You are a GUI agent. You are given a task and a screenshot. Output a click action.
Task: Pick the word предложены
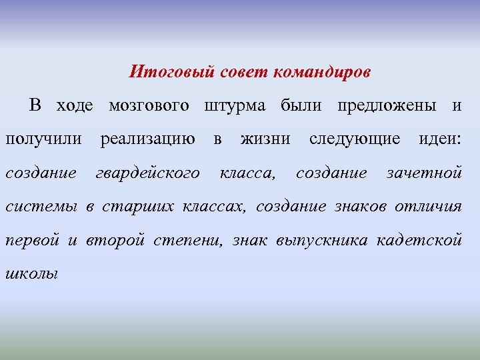coord(387,105)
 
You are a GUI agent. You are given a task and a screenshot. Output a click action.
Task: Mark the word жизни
coord(265,139)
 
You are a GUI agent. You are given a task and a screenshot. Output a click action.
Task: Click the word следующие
coord(355,139)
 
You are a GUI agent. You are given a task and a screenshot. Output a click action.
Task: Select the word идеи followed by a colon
coord(439,139)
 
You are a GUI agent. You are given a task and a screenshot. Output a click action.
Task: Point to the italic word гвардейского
coord(147,173)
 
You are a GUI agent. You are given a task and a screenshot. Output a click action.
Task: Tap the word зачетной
coord(425,173)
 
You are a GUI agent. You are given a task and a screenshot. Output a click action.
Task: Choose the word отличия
coord(428,207)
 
